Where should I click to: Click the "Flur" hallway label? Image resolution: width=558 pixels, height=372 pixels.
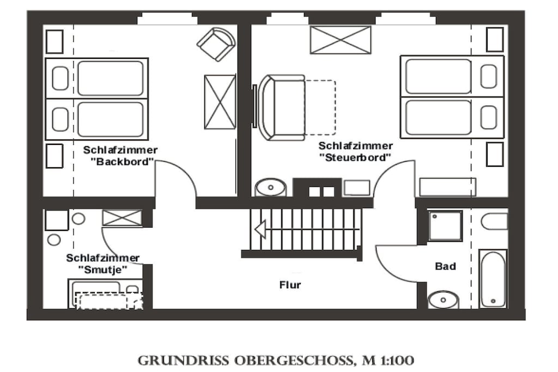point(290,285)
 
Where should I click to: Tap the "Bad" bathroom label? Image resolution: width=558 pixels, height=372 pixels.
point(445,266)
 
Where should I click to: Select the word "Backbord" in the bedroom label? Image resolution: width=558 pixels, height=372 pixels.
point(123,162)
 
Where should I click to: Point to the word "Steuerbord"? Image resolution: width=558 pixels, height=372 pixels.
point(355,157)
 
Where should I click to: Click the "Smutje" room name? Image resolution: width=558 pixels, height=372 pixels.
point(102,270)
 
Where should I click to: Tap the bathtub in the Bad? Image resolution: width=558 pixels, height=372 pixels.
point(493,279)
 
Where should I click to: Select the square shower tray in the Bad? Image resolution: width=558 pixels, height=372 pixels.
point(445,226)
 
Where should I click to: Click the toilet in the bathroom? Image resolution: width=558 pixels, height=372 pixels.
point(494,221)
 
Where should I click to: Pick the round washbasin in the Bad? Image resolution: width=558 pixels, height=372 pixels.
point(443,300)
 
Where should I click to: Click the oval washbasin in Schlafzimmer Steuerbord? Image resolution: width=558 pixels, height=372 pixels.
point(271,187)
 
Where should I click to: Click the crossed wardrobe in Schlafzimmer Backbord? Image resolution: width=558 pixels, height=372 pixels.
point(220,102)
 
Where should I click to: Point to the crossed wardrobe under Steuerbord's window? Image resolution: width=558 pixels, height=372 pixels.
point(341,40)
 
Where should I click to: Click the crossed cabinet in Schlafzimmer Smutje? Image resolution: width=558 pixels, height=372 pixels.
point(122,218)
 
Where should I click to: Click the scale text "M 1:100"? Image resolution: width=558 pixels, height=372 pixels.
point(388,360)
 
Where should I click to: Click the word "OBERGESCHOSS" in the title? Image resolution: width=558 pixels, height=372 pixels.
point(294,361)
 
